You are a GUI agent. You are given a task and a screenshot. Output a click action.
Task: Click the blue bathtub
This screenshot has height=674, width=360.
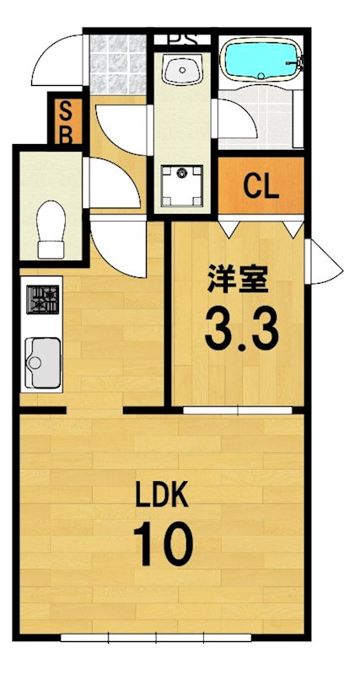[x=259, y=62]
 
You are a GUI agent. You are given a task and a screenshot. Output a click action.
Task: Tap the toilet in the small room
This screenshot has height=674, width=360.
[x=51, y=227]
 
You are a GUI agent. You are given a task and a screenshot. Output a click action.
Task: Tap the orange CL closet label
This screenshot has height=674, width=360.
[x=261, y=186]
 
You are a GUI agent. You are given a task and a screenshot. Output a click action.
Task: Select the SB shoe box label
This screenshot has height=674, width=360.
[x=64, y=121]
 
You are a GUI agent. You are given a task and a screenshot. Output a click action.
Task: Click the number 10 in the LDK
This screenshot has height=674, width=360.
[x=165, y=545]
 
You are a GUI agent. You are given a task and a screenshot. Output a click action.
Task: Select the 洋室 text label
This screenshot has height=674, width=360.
[x=236, y=279]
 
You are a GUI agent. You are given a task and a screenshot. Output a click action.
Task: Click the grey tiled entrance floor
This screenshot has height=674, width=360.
[x=118, y=63]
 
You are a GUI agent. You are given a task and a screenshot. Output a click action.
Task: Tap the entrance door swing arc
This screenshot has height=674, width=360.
[x=59, y=59]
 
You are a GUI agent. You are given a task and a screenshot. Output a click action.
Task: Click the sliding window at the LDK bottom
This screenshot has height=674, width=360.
[x=181, y=635]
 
